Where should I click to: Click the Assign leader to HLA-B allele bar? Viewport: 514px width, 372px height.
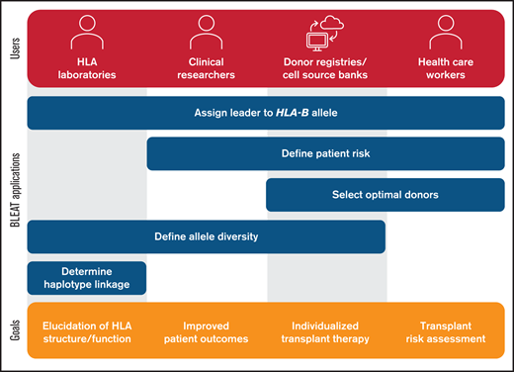pos(266,112)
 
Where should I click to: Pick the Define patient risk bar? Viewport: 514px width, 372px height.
pos(326,153)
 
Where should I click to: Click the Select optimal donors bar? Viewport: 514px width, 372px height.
pos(385,195)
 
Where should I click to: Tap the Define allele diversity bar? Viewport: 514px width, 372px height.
pos(206,236)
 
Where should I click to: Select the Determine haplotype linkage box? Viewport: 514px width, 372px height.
pos(86,278)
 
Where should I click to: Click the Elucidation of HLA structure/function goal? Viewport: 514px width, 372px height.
pos(86,330)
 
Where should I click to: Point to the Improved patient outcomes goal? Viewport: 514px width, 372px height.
pos(206,330)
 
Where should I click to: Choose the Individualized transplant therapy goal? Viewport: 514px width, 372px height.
pos(326,330)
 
